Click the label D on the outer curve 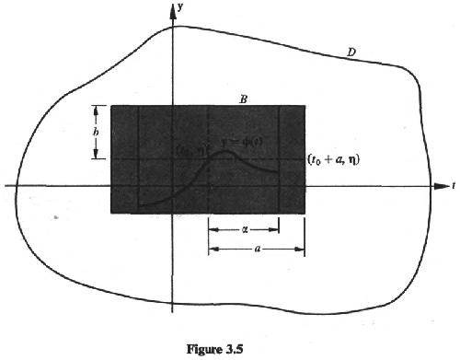(351, 52)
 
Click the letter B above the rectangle (241, 97)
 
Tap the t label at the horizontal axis (454, 186)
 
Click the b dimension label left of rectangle (93, 131)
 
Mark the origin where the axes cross (173, 186)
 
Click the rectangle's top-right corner (305, 106)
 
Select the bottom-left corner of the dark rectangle (111, 214)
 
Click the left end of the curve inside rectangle (139, 203)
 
